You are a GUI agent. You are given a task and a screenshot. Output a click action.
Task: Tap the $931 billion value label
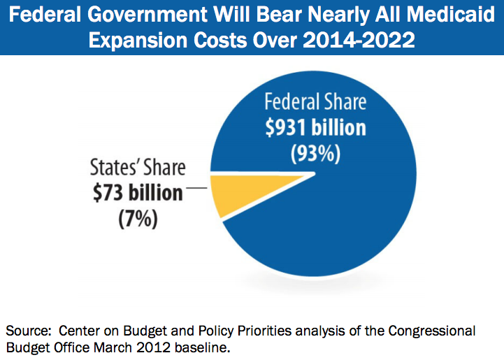(315, 129)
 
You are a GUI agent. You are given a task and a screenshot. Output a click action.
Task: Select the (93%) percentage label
(315, 154)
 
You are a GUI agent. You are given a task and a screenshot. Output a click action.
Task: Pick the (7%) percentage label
(137, 218)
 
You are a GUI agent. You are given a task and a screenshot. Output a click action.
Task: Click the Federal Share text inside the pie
(315, 102)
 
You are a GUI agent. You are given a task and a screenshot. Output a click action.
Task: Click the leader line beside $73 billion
(196, 188)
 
